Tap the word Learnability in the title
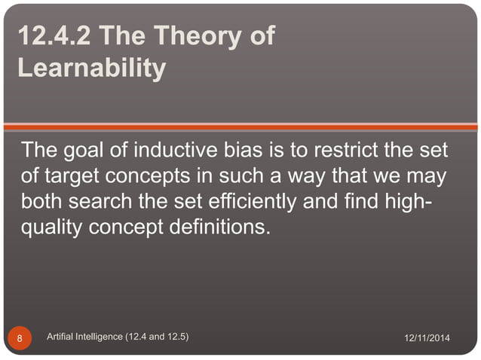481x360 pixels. click(x=91, y=69)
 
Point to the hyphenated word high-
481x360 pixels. click(x=426, y=202)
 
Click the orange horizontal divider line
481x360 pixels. click(x=240, y=127)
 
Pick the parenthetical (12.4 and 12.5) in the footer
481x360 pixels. click(x=164, y=337)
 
